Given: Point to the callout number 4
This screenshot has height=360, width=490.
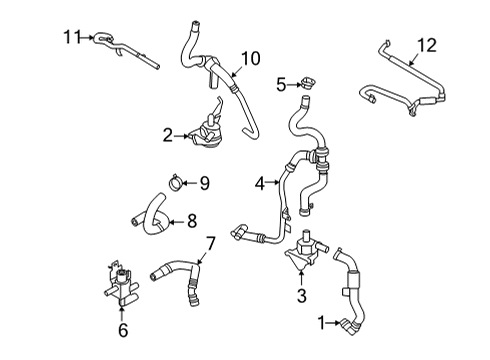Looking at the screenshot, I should point(260,183).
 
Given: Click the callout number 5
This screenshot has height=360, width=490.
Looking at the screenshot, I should point(281,83).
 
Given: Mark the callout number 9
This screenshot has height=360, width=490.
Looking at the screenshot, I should point(203,182).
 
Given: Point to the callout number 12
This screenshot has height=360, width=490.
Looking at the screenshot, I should point(427,45).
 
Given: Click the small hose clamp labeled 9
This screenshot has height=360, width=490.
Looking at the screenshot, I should point(176,182).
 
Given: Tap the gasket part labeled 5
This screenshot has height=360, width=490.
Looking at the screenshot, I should point(305,84).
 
